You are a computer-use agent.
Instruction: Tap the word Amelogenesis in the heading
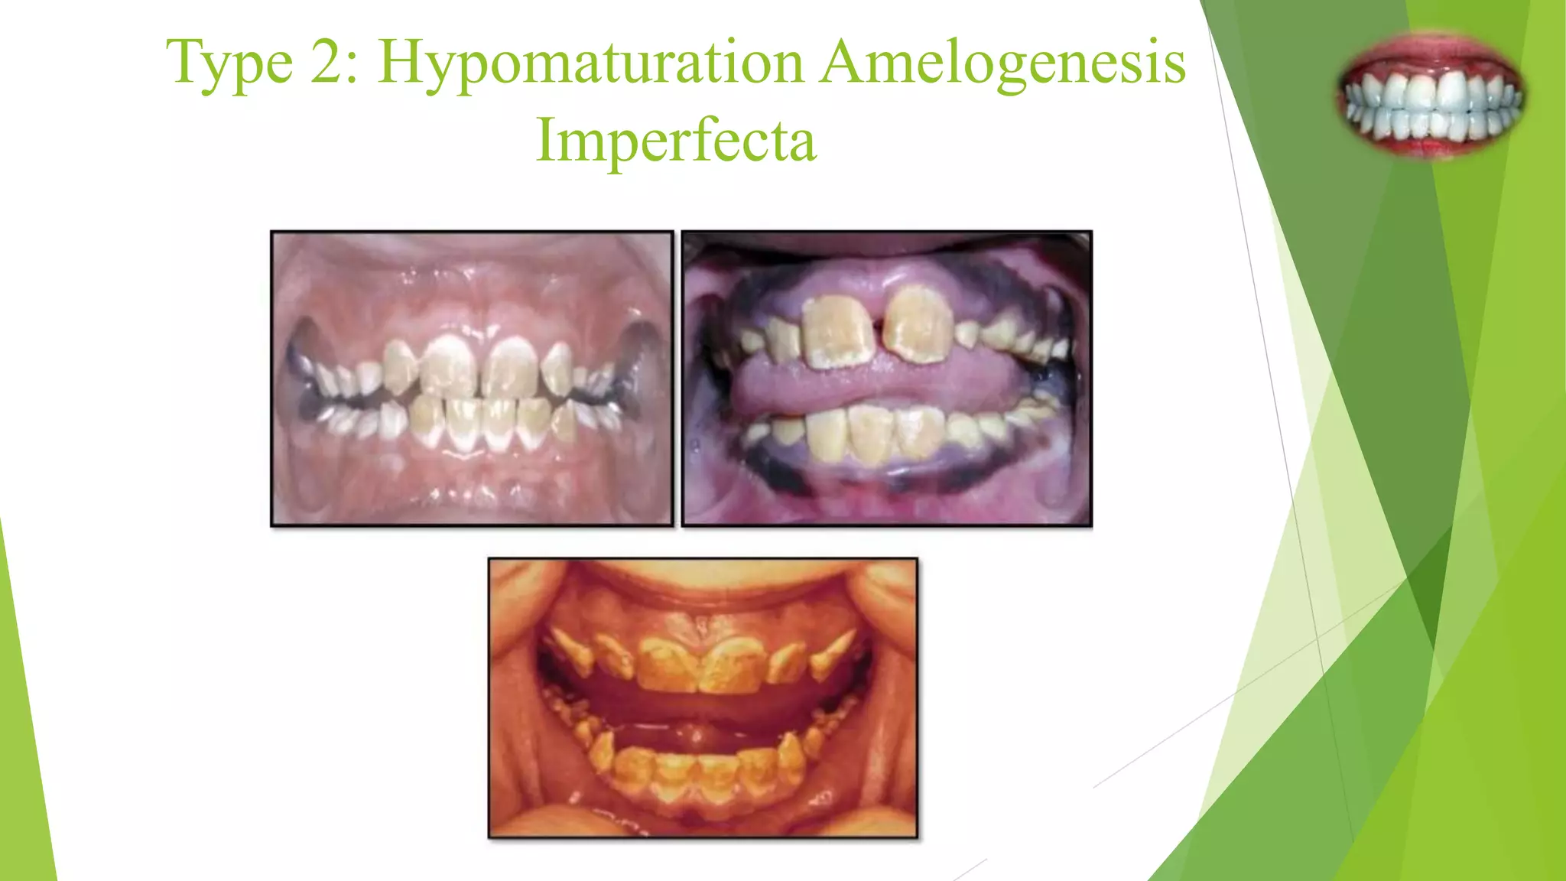coord(1002,61)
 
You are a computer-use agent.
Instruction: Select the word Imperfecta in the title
coord(676,140)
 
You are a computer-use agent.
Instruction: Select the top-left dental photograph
coord(472,379)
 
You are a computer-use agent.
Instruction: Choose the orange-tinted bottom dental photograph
coord(703,697)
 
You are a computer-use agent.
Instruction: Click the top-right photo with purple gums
coord(887,379)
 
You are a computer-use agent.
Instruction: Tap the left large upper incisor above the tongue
coord(838,330)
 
